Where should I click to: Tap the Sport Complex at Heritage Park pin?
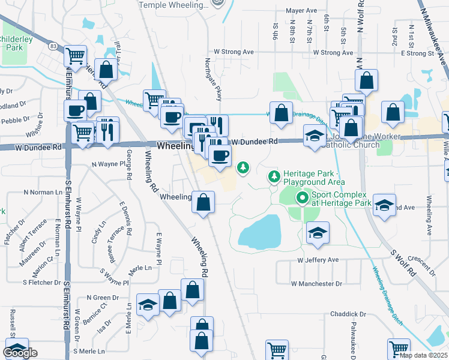click(301, 197)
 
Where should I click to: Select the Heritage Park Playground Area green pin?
click(274, 176)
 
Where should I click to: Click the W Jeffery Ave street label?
click(319, 260)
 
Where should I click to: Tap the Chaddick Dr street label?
click(348, 314)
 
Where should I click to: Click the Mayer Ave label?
click(301, 11)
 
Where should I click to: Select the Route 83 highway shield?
click(53, 46)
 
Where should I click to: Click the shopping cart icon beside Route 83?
click(75, 56)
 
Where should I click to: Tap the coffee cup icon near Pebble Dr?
click(76, 110)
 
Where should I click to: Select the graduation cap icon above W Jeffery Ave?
click(318, 232)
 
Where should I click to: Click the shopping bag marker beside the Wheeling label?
click(203, 202)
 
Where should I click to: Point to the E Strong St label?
click(414, 53)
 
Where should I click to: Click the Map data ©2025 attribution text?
click(424, 355)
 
